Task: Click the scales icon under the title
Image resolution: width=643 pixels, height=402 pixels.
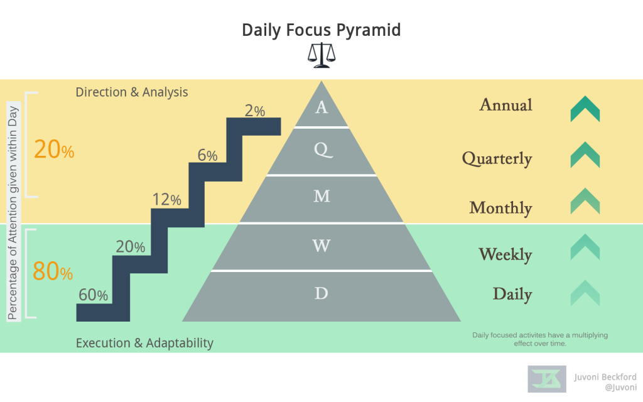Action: [321, 55]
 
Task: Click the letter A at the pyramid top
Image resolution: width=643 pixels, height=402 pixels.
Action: [321, 107]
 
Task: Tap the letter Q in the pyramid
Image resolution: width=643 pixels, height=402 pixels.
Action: [321, 149]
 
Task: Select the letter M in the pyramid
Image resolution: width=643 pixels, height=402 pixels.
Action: [321, 196]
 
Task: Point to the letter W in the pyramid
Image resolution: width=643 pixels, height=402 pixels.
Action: [321, 246]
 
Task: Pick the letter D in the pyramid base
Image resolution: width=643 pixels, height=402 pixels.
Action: [321, 293]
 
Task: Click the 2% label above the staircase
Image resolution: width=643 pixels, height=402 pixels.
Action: [255, 111]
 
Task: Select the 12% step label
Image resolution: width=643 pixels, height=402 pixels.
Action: [166, 200]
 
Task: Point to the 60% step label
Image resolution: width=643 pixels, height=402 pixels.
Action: [94, 295]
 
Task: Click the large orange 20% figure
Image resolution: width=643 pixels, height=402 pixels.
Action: [54, 150]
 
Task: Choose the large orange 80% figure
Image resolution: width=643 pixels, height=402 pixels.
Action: [53, 271]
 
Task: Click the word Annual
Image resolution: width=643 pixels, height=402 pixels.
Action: [505, 104]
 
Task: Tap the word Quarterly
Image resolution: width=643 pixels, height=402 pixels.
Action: [497, 159]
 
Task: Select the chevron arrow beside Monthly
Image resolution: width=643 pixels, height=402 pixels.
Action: [585, 200]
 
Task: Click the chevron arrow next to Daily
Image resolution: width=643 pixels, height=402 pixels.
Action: [585, 293]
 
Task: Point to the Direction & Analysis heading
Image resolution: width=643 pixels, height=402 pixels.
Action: [132, 92]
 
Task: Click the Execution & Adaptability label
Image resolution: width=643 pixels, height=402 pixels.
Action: [144, 343]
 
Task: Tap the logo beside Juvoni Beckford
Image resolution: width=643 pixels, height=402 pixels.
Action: [547, 379]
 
